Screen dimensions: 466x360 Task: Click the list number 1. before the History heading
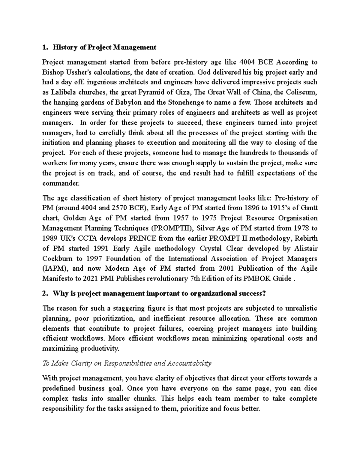(45, 47)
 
